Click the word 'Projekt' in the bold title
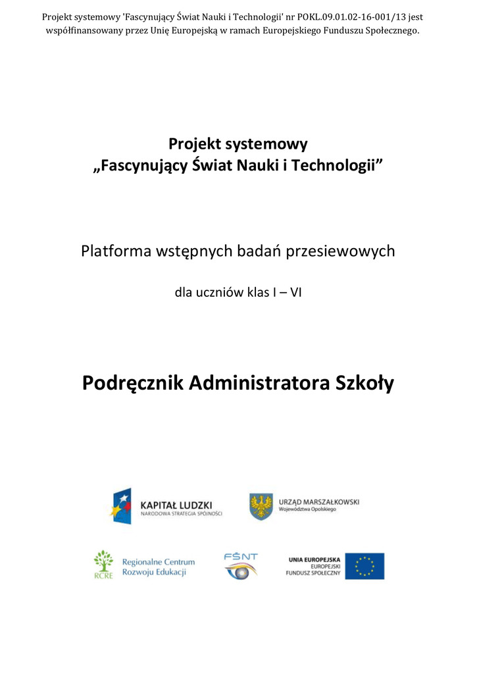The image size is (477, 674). [195, 143]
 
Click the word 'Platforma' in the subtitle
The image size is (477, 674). [114, 251]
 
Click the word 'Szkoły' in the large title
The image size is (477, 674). [365, 382]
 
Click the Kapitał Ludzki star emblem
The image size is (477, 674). [121, 507]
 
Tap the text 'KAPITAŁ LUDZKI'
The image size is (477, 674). [176, 505]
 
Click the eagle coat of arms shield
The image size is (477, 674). [261, 506]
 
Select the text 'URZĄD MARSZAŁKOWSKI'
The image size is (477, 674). [320, 502]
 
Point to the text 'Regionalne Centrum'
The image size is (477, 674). [159, 561]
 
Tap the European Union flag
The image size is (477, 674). [364, 566]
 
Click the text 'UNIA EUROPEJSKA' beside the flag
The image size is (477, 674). [314, 559]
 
